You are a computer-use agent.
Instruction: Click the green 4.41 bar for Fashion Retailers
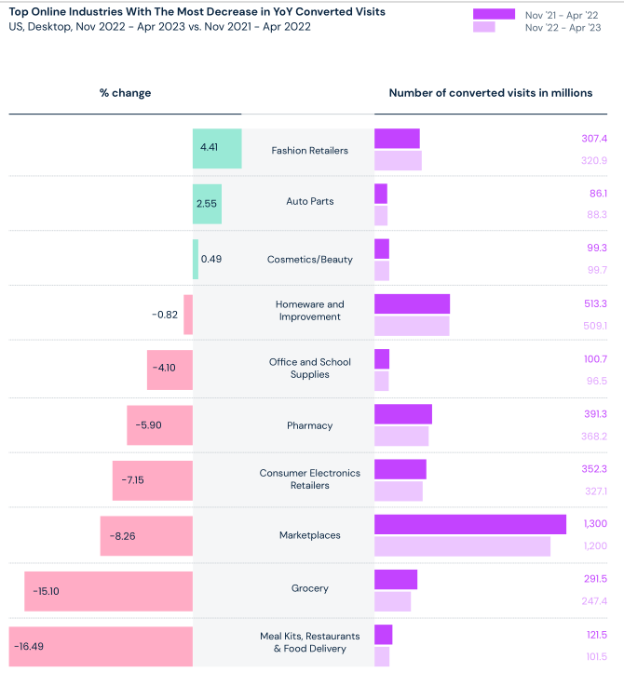(217, 148)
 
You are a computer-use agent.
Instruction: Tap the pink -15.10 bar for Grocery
(108, 591)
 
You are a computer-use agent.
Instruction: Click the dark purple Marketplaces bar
(470, 524)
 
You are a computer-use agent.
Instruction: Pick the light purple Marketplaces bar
(462, 546)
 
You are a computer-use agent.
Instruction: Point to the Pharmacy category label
(309, 425)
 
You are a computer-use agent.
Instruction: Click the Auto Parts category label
(309, 201)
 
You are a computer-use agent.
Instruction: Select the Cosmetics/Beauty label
(309, 259)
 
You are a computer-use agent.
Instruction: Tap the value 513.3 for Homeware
(594, 303)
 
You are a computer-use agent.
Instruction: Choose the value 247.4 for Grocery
(593, 601)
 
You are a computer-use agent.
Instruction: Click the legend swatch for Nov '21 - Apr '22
(494, 14)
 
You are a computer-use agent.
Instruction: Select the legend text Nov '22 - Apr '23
(563, 27)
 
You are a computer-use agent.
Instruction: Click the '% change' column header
(125, 93)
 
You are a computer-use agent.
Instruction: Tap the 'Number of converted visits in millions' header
(490, 93)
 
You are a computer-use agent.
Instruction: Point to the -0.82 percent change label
(165, 315)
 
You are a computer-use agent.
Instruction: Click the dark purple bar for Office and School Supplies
(382, 358)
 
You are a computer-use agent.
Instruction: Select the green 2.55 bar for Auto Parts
(207, 204)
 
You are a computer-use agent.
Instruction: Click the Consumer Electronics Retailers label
(309, 478)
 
